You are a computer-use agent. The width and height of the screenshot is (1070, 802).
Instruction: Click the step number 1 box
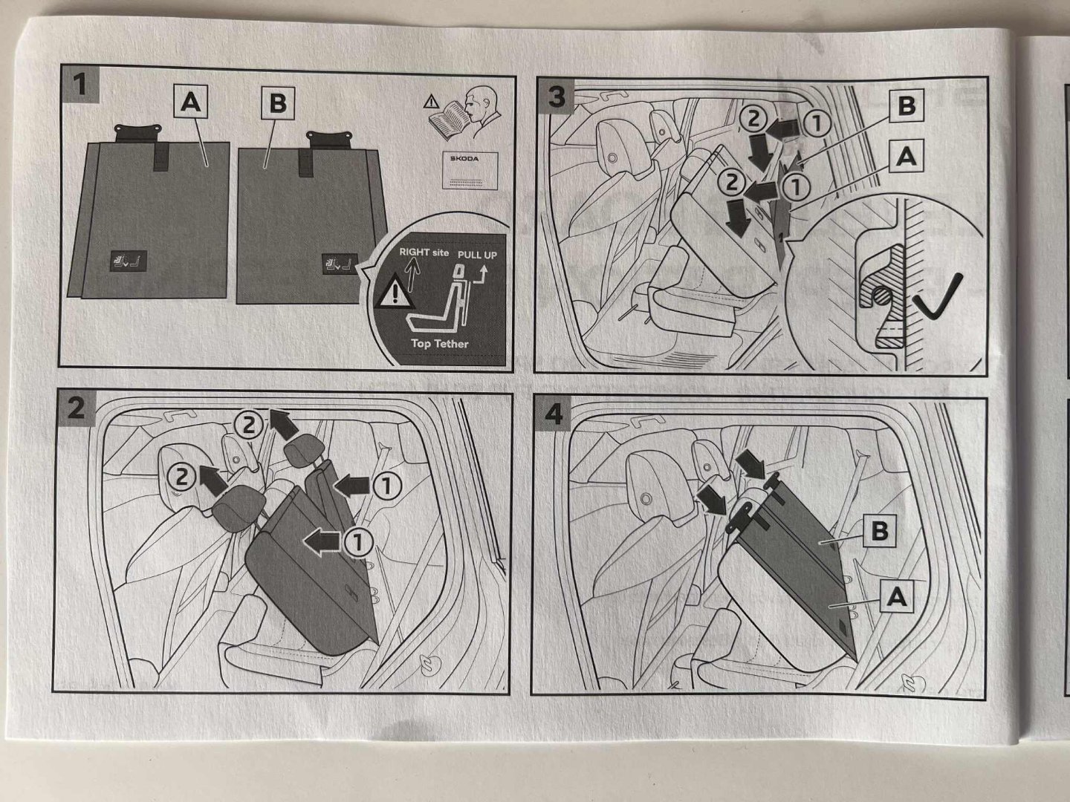pyautogui.click(x=79, y=85)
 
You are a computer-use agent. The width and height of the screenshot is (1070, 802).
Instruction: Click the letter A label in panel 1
pyautogui.click(x=191, y=102)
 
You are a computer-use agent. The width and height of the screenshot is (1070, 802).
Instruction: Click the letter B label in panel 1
pyautogui.click(x=278, y=103)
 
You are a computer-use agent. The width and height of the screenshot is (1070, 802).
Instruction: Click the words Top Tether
pyautogui.click(x=440, y=344)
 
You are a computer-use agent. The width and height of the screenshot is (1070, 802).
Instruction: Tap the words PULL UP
pyautogui.click(x=476, y=255)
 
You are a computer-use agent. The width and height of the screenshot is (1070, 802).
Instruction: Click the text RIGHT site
pyautogui.click(x=424, y=252)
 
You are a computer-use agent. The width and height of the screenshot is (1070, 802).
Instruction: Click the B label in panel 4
pyautogui.click(x=878, y=530)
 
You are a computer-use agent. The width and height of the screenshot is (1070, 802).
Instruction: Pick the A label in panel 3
pyautogui.click(x=906, y=156)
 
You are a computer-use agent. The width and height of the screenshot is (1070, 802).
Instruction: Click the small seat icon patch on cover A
pyautogui.click(x=128, y=261)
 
